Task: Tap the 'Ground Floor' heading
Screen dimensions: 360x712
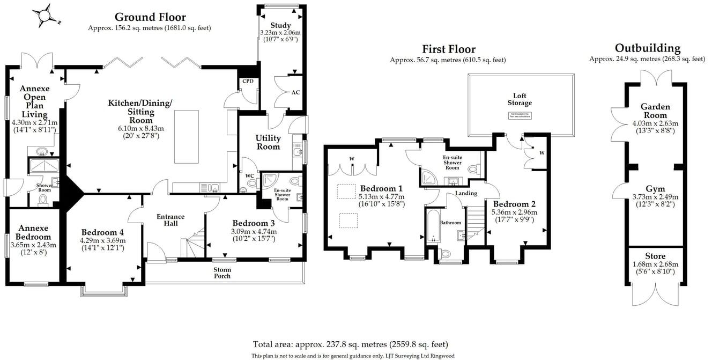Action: tap(150, 17)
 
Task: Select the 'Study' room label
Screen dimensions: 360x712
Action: tap(280, 25)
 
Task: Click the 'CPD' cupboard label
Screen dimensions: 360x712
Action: tap(248, 82)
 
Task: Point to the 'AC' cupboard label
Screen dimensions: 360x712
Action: tap(295, 92)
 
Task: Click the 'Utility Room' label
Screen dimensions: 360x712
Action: tap(268, 142)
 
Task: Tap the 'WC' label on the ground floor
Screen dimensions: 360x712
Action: tap(249, 176)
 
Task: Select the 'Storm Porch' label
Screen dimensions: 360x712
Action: tap(222, 273)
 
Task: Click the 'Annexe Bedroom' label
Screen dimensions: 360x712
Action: tap(33, 232)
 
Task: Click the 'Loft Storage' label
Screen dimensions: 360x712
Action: tap(520, 99)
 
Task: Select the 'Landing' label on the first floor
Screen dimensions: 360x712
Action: tap(466, 193)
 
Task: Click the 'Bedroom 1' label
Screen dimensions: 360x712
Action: tap(381, 188)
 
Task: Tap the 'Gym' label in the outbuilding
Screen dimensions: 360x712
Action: tap(655, 189)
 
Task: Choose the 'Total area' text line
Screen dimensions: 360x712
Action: tap(350, 344)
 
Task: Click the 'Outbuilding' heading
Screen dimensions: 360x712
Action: tap(647, 48)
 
